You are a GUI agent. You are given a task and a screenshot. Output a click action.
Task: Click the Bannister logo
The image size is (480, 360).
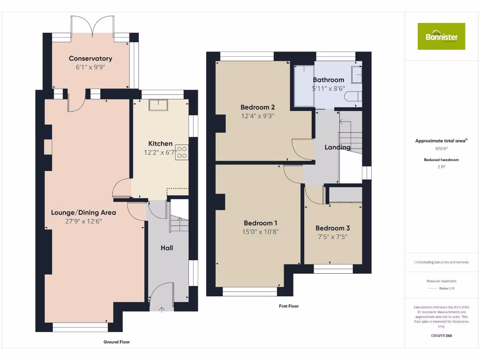pyautogui.click(x=441, y=36)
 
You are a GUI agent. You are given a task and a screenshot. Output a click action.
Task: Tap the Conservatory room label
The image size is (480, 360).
pyautogui.click(x=90, y=59)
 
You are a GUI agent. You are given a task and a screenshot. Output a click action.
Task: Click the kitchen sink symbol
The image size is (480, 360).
pyautogui.click(x=158, y=105)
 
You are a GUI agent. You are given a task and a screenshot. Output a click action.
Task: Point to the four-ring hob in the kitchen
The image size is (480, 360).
pyautogui.click(x=182, y=152)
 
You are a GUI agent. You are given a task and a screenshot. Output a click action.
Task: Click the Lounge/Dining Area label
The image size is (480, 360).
pyautogui.click(x=83, y=212)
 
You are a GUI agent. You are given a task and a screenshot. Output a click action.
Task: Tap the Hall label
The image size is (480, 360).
pyautogui.click(x=167, y=247)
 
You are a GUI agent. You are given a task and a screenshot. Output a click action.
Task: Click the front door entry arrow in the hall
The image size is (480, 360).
pyautogui.click(x=162, y=309)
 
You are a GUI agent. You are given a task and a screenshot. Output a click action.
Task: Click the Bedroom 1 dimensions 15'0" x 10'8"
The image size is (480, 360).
pyautogui.click(x=260, y=231)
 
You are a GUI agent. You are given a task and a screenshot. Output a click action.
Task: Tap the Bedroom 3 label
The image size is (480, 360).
pyautogui.click(x=332, y=228)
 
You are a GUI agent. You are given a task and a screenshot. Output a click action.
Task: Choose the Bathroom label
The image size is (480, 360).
pyautogui.click(x=328, y=80)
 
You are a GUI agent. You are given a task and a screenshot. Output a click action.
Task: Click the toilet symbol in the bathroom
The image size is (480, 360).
pyautogui.click(x=352, y=97)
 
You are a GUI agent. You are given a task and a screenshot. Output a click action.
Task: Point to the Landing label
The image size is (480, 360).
pyautogui.click(x=337, y=147)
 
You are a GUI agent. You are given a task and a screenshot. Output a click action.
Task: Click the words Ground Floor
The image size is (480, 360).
pyautogui.click(x=116, y=342)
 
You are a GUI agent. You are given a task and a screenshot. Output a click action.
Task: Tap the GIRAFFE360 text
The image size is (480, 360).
pyautogui.click(x=441, y=336)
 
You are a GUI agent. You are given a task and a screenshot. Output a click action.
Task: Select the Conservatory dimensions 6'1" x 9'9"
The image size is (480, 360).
pyautogui.click(x=90, y=67)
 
